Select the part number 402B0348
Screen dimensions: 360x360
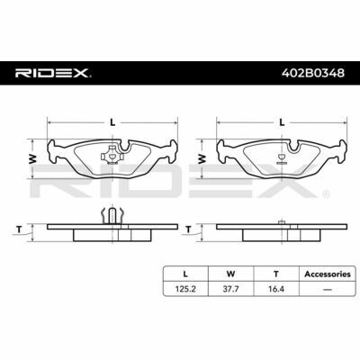click(x=312, y=73)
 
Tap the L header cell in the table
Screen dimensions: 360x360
click(x=185, y=274)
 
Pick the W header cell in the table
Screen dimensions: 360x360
click(x=230, y=274)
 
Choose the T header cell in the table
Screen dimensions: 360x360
click(x=276, y=274)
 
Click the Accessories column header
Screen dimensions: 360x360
click(x=328, y=274)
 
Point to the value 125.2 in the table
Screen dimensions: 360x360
click(x=185, y=289)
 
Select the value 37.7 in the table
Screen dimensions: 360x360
click(x=230, y=289)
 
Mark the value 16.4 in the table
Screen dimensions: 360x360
click(x=276, y=289)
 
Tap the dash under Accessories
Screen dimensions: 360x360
click(x=328, y=290)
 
